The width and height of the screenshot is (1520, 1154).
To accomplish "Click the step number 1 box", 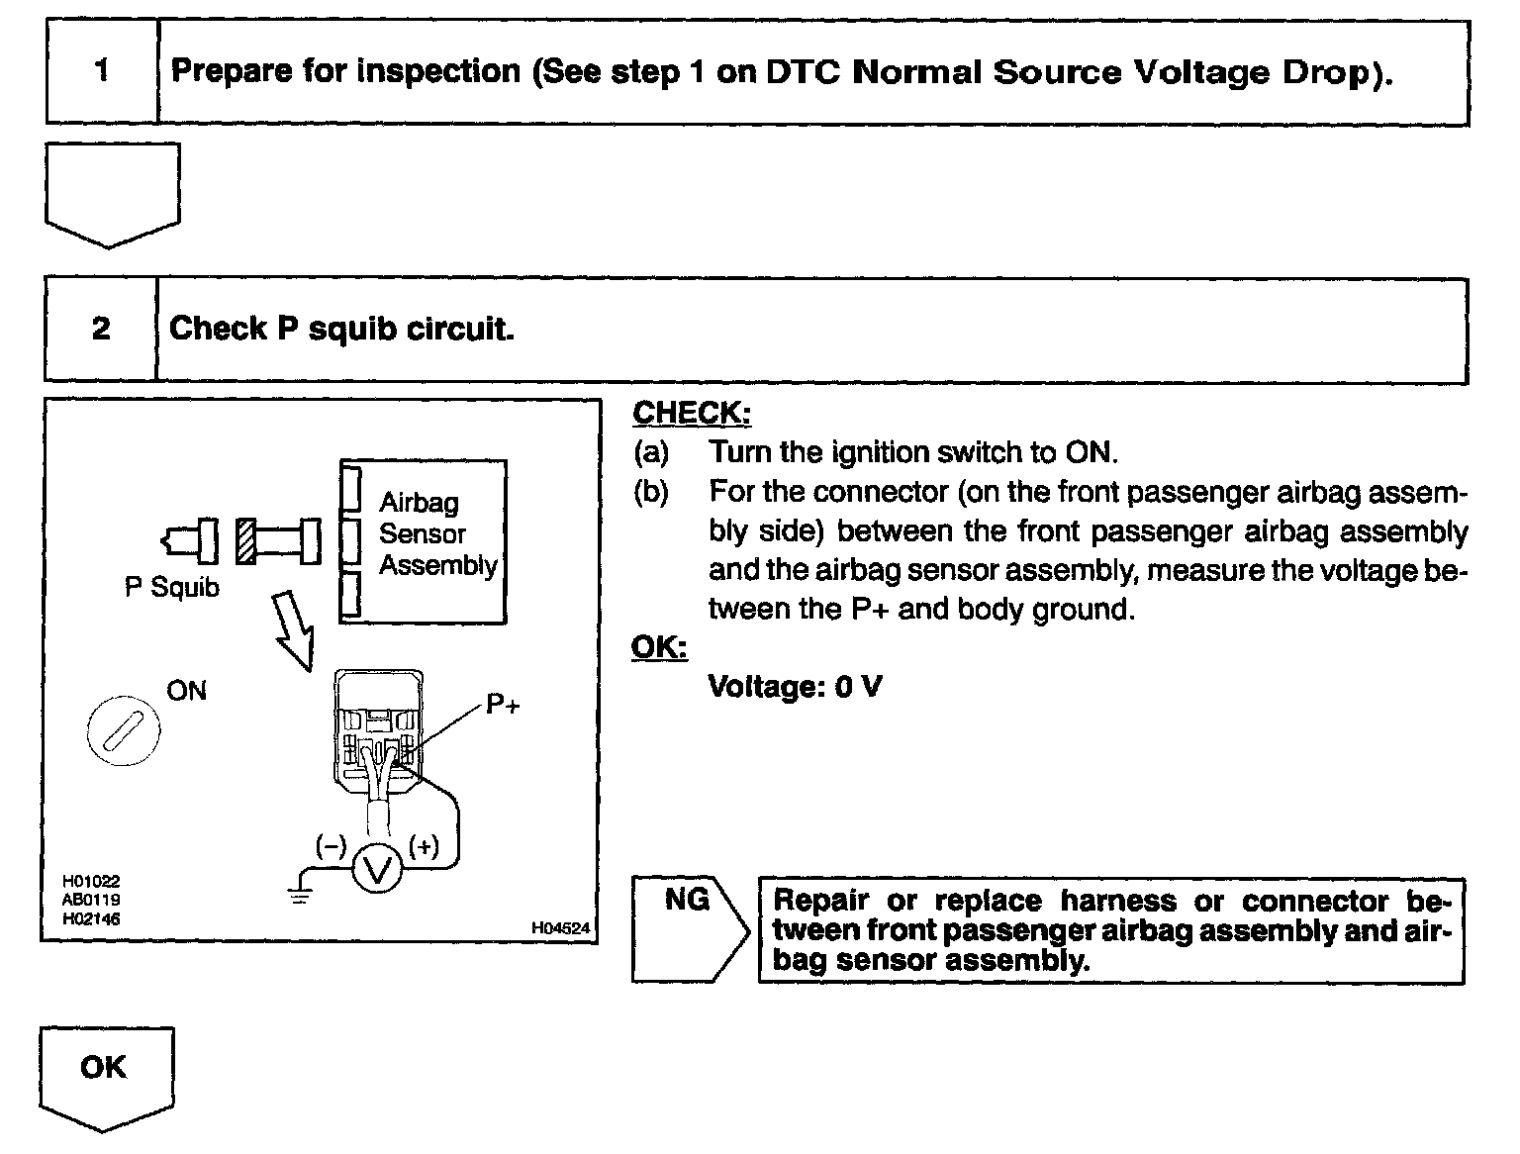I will point(102,71).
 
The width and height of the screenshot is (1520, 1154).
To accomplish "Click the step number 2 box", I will point(101,329).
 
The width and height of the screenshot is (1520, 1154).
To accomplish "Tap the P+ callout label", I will point(503,705).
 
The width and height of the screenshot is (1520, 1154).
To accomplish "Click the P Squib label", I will point(172,587).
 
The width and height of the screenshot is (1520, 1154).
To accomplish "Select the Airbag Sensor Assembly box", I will point(424,541).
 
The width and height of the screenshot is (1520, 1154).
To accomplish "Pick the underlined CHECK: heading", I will point(692,413).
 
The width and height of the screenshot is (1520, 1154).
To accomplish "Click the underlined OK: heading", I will point(659,647).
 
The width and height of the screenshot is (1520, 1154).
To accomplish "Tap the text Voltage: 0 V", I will point(795,686).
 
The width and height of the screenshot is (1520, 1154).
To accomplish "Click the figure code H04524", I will point(560,927).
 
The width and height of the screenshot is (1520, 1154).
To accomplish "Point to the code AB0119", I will point(91,900).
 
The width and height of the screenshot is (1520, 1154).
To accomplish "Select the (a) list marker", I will point(651,452).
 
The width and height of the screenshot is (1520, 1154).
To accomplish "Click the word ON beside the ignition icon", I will point(186,690).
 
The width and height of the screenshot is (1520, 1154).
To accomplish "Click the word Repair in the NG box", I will point(820,901).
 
